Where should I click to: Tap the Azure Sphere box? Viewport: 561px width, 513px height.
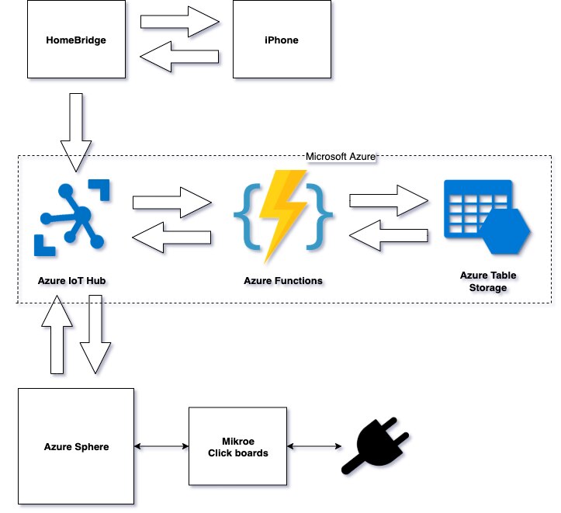coord(76,447)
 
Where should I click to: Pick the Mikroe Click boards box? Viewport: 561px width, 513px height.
coord(238,447)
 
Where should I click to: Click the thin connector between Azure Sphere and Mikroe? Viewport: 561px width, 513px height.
coord(161,446)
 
